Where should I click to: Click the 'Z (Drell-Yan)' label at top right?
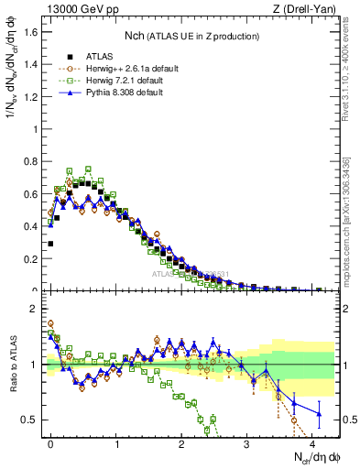pyautogui.click(x=307, y=10)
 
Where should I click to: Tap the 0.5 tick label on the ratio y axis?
pyautogui.click(x=32, y=420)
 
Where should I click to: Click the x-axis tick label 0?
pyautogui.click(x=50, y=442)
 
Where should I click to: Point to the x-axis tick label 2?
pyautogui.click(x=181, y=442)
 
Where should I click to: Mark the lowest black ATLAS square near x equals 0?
pyautogui.click(x=50, y=244)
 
